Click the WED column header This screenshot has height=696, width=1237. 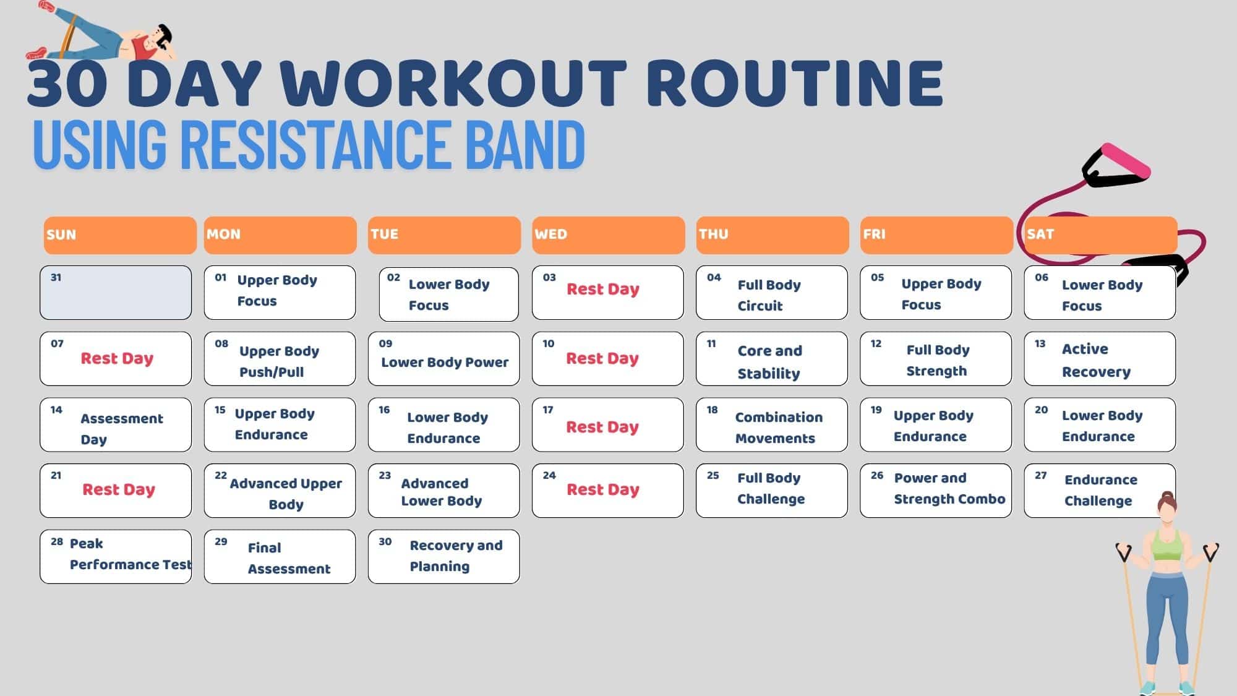(608, 234)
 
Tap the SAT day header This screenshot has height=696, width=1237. (1100, 234)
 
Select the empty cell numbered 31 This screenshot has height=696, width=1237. (116, 293)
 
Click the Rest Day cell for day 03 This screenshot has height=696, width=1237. (608, 293)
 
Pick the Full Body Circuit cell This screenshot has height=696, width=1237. (771, 293)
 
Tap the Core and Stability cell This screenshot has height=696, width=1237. (771, 359)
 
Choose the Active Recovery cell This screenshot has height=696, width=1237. (1100, 359)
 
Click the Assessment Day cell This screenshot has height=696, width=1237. (116, 425)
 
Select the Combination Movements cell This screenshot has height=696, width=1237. (771, 425)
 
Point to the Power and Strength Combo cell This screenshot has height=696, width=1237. (936, 491)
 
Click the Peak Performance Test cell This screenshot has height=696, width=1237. (116, 556)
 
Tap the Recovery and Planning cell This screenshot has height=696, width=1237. (443, 556)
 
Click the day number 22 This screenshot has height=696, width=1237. (221, 475)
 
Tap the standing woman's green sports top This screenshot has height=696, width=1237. (1166, 544)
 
